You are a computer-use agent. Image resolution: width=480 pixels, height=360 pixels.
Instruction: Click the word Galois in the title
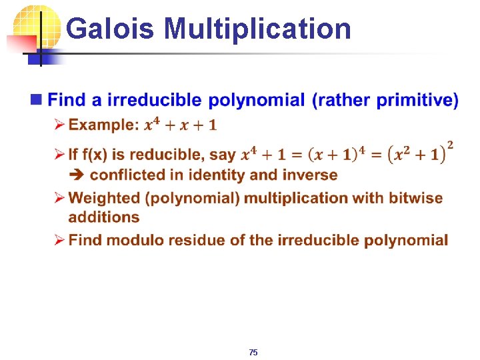click(x=111, y=29)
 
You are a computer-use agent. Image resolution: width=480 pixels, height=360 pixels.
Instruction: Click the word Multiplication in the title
click(x=257, y=29)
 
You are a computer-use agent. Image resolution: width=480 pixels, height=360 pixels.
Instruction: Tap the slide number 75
click(x=253, y=352)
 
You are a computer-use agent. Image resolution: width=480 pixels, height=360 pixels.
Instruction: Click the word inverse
click(x=309, y=175)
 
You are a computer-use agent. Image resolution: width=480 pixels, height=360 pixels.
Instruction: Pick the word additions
click(x=103, y=217)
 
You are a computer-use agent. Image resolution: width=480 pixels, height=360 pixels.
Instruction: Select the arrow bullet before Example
click(x=58, y=125)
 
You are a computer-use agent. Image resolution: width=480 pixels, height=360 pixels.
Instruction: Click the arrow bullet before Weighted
click(x=58, y=199)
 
